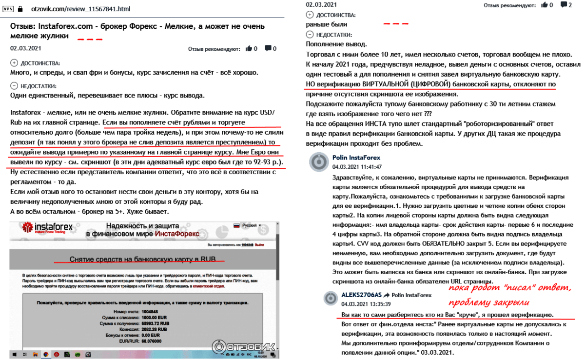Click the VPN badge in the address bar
[x=8, y=9]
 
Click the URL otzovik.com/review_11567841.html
[x=80, y=9]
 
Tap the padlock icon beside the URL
[x=20, y=9]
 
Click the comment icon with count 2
[x=565, y=5]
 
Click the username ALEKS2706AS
[x=361, y=295]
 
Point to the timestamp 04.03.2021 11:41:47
[x=357, y=166]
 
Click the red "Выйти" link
[x=259, y=244]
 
